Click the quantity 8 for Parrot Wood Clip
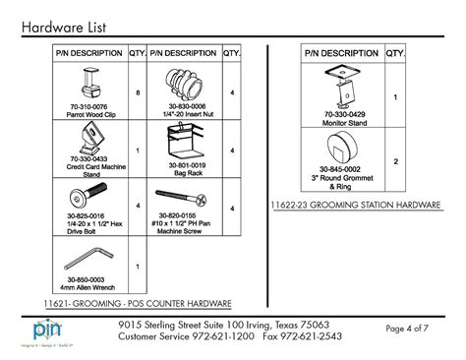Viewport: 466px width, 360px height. point(137,92)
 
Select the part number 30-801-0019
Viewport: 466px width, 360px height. point(185,164)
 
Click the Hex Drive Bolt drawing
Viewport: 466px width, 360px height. point(87,195)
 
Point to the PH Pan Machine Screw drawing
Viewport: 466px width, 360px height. point(184,195)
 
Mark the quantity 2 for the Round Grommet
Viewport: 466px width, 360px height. point(395,161)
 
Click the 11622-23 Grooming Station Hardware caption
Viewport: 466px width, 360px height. point(355,205)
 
